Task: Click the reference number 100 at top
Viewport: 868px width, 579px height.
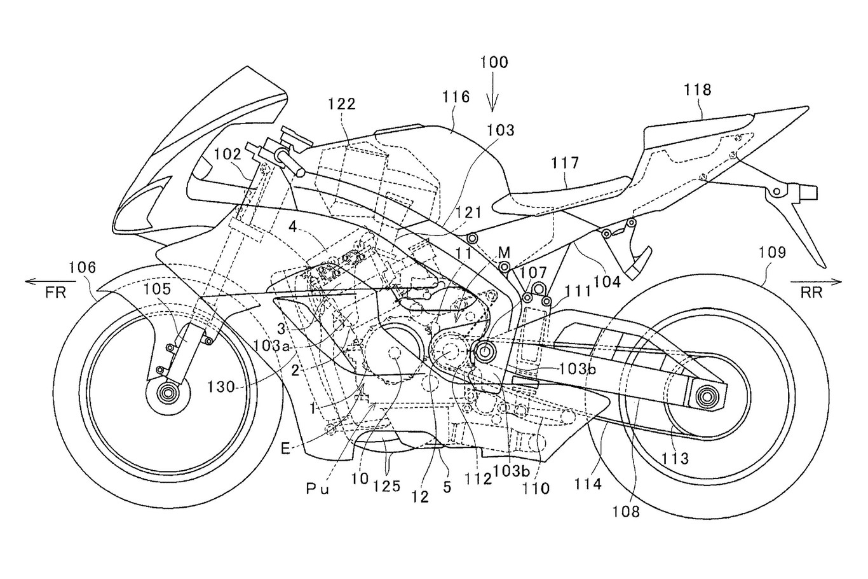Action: pos(494,62)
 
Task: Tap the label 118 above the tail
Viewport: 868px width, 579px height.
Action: pos(697,90)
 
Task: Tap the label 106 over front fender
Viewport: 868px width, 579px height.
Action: pos(82,269)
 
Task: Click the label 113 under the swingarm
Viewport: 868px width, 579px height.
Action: pos(675,457)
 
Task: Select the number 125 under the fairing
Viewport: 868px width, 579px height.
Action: pos(387,486)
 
